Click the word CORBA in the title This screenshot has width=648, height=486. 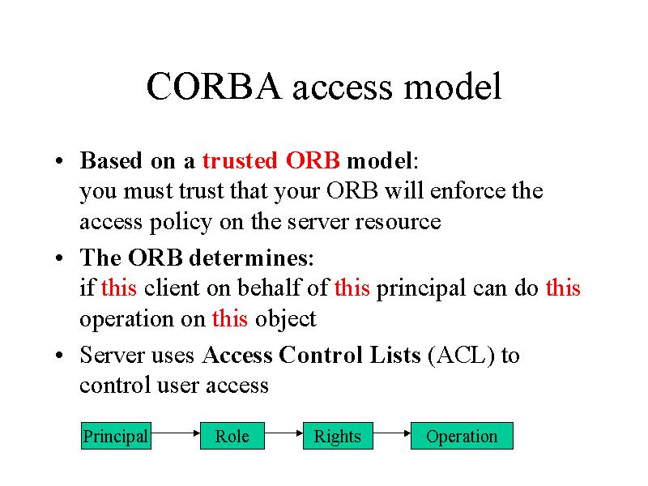[214, 86]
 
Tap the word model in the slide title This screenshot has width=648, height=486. [453, 86]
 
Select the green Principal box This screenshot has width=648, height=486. [116, 436]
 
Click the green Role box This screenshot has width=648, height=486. [232, 436]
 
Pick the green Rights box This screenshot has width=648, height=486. [338, 436]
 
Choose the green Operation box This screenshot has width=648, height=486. [462, 436]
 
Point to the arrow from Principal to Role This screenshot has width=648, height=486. [176, 433]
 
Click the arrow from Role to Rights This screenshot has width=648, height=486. [283, 433]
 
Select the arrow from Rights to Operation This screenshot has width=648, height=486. [392, 433]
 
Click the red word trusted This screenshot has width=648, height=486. [240, 160]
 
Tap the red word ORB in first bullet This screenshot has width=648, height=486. [313, 160]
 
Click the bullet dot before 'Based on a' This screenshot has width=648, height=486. [59, 160]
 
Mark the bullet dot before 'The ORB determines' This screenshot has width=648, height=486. [59, 258]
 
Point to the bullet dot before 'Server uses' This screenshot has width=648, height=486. [59, 355]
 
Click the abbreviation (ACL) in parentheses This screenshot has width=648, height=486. [461, 356]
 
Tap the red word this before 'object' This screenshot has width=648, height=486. [230, 318]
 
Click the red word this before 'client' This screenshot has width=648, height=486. [119, 288]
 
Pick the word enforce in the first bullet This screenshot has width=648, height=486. [467, 190]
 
